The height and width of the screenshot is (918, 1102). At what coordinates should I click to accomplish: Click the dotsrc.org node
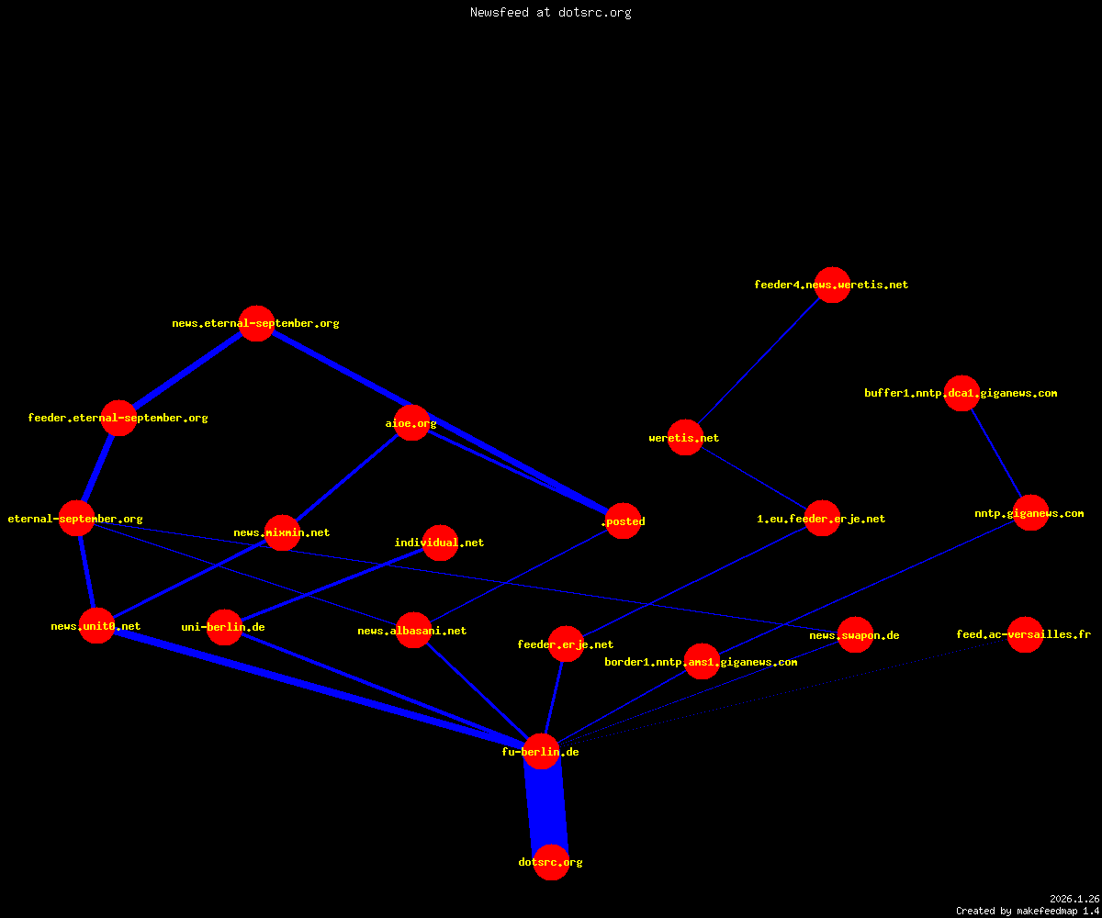[551, 862]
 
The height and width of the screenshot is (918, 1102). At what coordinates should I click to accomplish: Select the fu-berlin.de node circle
[541, 751]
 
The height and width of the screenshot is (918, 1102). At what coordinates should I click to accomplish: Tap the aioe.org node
[411, 422]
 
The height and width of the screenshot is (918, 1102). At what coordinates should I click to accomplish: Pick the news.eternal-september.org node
[256, 323]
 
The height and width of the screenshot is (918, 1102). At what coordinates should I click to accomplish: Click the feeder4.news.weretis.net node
[832, 285]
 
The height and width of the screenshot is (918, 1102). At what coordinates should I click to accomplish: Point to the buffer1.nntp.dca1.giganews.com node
[961, 393]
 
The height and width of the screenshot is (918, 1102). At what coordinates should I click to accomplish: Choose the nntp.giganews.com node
[1030, 513]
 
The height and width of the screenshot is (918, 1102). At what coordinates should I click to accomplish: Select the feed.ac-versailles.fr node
[1025, 634]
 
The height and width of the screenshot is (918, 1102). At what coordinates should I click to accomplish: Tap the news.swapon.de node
[855, 634]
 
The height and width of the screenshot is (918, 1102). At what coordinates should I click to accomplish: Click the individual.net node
[440, 543]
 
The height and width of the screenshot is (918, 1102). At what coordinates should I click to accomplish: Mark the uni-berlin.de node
[224, 627]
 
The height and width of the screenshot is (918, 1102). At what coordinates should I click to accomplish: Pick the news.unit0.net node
[96, 626]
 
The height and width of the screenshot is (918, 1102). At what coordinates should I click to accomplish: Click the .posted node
[623, 521]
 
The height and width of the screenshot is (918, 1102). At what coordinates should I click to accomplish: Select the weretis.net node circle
[685, 437]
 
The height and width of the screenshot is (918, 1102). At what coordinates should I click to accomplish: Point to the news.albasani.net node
[413, 630]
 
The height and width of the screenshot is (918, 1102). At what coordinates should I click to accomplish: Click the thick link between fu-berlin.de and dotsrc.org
[546, 807]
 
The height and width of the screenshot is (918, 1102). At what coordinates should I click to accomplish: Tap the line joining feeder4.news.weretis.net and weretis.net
[759, 362]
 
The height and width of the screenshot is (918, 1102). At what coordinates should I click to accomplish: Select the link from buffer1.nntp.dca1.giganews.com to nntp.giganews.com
[995, 453]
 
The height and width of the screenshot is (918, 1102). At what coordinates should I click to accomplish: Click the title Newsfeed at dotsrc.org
[550, 12]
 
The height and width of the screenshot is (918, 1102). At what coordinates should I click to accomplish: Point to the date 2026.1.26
[1074, 899]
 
